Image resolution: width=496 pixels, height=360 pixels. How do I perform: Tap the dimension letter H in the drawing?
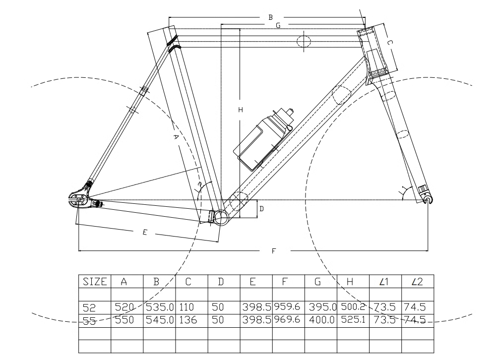(x=240, y=110)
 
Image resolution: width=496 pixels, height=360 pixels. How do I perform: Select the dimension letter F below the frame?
(x=273, y=251)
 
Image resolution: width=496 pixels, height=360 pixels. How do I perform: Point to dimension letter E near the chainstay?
(x=144, y=232)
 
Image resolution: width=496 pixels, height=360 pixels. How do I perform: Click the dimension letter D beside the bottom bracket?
(x=261, y=209)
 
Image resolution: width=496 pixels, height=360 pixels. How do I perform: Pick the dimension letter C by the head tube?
(x=390, y=43)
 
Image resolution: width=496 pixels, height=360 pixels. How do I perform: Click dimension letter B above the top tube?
(x=270, y=17)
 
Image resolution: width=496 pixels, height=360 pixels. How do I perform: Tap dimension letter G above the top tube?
(x=278, y=25)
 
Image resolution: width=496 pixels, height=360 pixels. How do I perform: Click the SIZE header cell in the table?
(x=94, y=282)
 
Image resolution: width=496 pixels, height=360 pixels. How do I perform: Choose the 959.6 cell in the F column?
(x=288, y=307)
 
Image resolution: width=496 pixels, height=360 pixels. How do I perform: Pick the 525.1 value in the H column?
(x=352, y=320)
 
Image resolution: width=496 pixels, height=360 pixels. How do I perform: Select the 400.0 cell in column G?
(x=320, y=320)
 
